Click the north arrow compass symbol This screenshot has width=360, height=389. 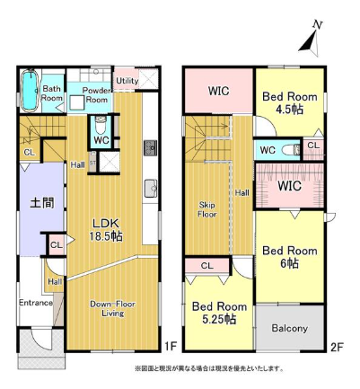[312, 39]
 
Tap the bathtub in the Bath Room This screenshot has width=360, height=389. [30, 89]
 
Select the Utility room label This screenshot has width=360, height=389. [127, 81]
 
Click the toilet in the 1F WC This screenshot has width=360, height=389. [100, 126]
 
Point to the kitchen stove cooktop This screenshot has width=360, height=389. [150, 148]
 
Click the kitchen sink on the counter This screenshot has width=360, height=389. [151, 189]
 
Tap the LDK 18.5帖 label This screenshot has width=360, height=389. [106, 230]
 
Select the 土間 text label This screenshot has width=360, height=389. [42, 203]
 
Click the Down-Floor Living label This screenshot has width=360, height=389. [112, 309]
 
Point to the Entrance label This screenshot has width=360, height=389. [36, 303]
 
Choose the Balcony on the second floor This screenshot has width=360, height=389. [290, 327]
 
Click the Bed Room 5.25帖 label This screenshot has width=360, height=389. [219, 313]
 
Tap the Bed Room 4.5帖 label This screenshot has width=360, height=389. [290, 102]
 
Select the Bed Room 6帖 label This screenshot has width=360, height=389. [290, 257]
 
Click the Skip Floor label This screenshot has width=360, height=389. [207, 209]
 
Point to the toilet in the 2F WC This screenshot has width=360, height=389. [292, 149]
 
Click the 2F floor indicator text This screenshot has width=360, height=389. [337, 347]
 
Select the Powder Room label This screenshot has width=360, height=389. [96, 94]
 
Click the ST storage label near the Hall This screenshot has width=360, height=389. [92, 163]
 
